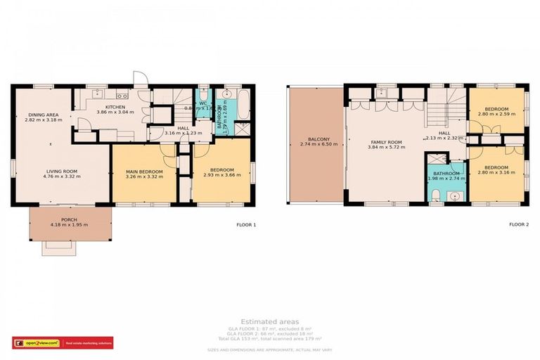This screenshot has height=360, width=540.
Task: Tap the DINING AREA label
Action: pyautogui.click(x=43, y=115)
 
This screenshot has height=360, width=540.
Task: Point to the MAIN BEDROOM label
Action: pyautogui.click(x=144, y=172)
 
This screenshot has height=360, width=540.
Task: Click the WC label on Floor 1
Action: pyautogui.click(x=202, y=103)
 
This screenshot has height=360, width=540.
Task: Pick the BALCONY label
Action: pyautogui.click(x=314, y=139)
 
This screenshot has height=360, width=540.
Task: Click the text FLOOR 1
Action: pyautogui.click(x=246, y=225)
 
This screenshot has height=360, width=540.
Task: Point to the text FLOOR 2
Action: pyautogui.click(x=520, y=225)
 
